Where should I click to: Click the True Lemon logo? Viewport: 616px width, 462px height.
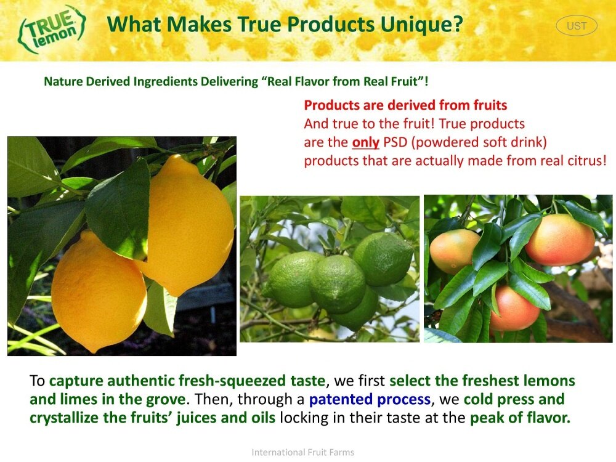pyautogui.click(x=51, y=29)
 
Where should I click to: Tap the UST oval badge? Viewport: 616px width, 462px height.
pyautogui.click(x=577, y=26)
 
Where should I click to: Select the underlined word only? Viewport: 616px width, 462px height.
pyautogui.click(x=365, y=142)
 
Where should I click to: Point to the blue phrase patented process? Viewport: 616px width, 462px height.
pyautogui.click(x=370, y=399)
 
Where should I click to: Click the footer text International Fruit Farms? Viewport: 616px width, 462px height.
pyautogui.click(x=303, y=452)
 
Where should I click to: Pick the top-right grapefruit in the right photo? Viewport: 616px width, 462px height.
pyautogui.click(x=560, y=239)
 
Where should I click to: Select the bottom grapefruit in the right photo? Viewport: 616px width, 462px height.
pyautogui.click(x=514, y=309)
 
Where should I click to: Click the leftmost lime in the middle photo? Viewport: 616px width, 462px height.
pyautogui.click(x=290, y=279)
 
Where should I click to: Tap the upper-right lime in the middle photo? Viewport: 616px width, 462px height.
pyautogui.click(x=383, y=259)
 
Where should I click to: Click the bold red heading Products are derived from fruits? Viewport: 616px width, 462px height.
pyautogui.click(x=405, y=105)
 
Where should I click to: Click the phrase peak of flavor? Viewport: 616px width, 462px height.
pyautogui.click(x=520, y=418)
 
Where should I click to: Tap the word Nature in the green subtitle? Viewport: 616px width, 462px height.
pyautogui.click(x=63, y=81)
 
